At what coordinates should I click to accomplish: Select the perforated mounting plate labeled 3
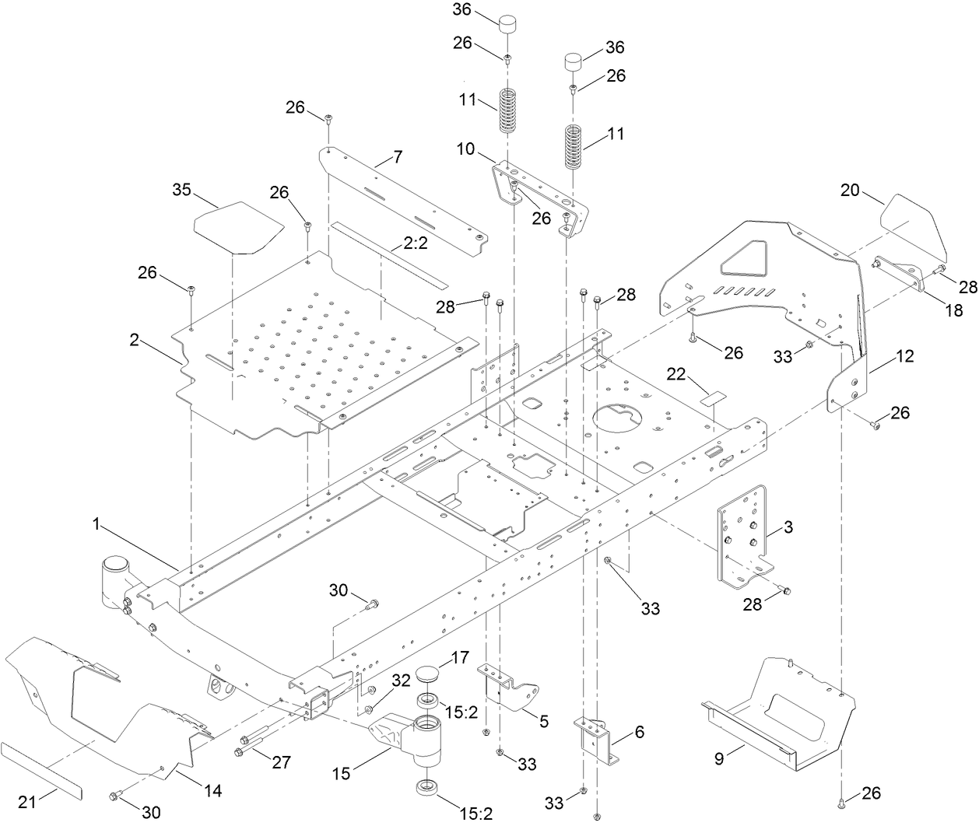(743, 537)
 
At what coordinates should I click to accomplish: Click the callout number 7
(397, 158)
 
